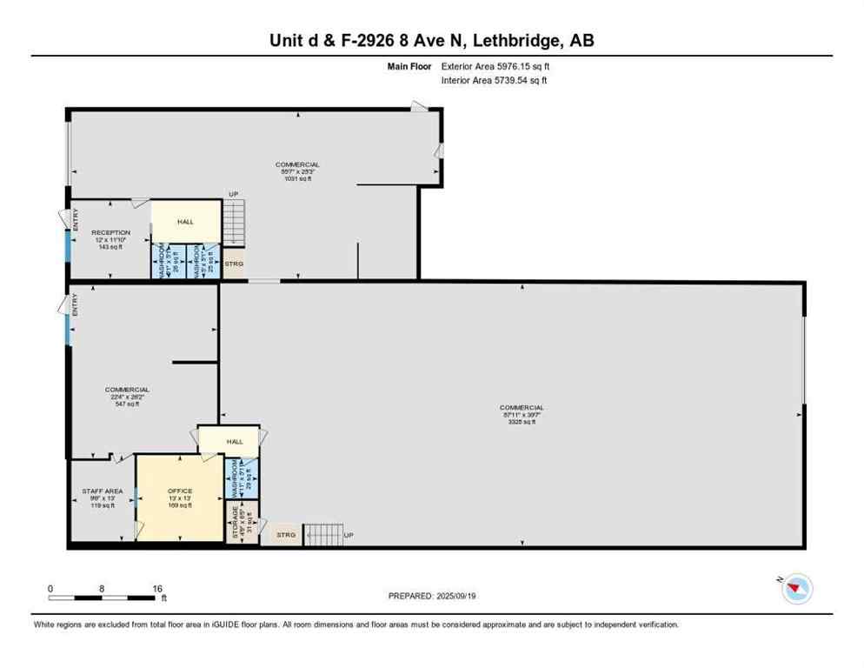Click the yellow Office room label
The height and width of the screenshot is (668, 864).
point(180,491)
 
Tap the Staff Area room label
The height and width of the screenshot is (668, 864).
point(103,491)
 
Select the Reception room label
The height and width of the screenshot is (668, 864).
point(110,232)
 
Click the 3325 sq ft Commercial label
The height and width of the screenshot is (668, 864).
point(522,408)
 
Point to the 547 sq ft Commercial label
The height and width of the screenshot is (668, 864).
point(127,390)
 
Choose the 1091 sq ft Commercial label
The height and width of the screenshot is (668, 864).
point(297,164)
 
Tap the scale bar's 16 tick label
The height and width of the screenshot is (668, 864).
point(158,589)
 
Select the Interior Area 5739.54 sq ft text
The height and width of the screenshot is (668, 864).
point(495,80)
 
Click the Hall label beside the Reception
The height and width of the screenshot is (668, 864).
point(185,222)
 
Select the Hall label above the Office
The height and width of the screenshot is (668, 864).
point(235,442)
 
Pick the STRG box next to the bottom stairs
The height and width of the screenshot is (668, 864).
point(286,535)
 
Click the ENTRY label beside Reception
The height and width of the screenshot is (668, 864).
point(76,222)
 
